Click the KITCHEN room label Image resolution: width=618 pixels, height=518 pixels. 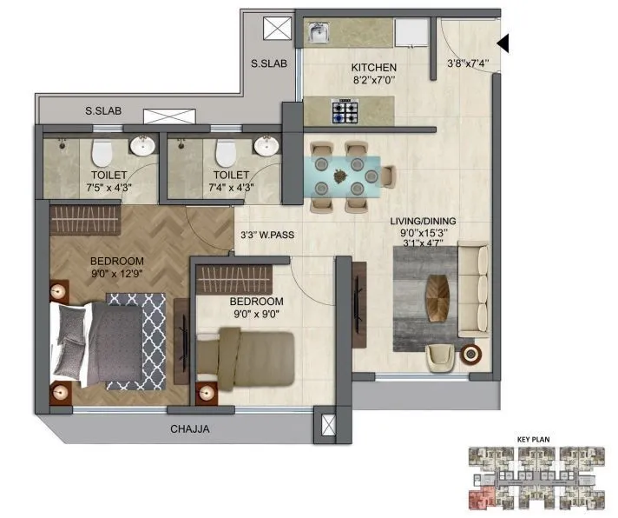(x=373, y=67)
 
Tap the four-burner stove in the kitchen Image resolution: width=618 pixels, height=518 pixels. (x=345, y=110)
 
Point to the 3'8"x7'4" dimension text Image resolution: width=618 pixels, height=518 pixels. (x=469, y=63)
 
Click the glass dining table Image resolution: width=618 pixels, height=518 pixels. (x=345, y=174)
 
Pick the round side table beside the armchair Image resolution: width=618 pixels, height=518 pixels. (x=471, y=354)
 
